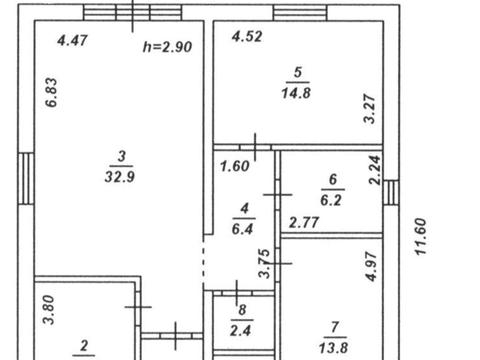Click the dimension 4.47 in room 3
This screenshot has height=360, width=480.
72,40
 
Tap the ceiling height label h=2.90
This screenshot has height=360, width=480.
167,47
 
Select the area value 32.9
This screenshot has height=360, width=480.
120,177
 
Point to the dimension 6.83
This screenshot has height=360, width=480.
52,92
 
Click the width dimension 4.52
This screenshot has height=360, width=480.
247,36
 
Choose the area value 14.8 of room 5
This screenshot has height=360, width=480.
296,93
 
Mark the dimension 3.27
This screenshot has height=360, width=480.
370,109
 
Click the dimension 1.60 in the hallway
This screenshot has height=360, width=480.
235,166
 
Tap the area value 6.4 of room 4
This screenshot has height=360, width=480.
242,229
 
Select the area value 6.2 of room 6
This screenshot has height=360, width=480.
331,200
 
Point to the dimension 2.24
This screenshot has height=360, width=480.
375,170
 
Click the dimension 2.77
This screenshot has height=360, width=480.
304,222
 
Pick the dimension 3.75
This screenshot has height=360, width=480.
264,263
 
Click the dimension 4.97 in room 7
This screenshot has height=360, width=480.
371,266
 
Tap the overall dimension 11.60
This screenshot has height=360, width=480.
420,236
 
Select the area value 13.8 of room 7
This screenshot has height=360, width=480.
334,348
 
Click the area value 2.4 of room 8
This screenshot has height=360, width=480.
241,331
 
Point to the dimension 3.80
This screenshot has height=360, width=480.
49,310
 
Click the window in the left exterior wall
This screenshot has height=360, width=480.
26,178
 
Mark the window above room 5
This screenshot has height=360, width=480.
300,13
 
